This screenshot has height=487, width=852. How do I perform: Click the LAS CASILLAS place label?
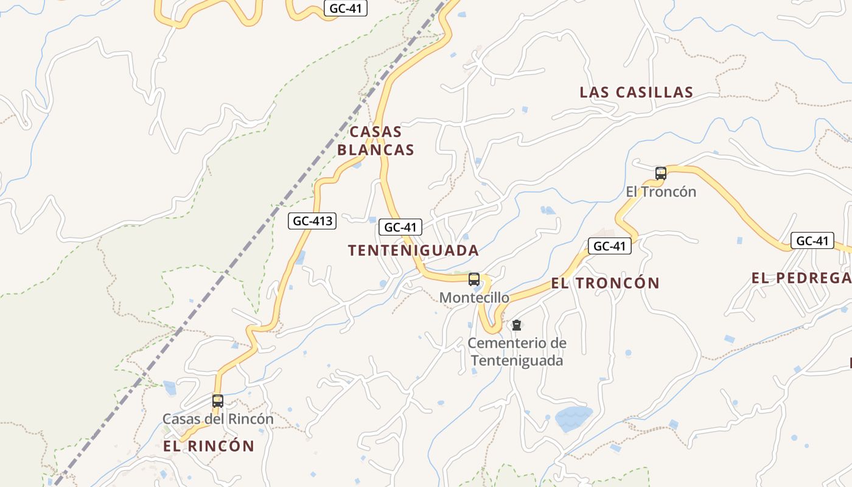pyautogui.click(x=636, y=93)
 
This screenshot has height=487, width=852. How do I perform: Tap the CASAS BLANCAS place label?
pyautogui.click(x=375, y=141)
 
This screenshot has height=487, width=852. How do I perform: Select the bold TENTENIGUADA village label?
pyautogui.click(x=413, y=250)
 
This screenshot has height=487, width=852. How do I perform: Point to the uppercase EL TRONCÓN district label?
pyautogui.click(x=605, y=283)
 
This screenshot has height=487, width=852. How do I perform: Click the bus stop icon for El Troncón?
pyautogui.click(x=661, y=173)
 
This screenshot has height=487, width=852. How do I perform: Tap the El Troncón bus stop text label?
pyautogui.click(x=661, y=192)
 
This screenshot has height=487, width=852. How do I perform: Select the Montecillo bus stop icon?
pyautogui.click(x=474, y=279)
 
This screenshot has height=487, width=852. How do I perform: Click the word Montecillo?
pyautogui.click(x=474, y=298)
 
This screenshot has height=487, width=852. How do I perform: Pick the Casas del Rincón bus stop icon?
pyautogui.click(x=218, y=401)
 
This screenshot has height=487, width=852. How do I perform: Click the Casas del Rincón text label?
pyautogui.click(x=218, y=419)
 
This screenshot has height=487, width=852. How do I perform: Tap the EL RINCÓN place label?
pyautogui.click(x=209, y=446)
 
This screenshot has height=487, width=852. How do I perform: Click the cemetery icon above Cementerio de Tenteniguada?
pyautogui.click(x=517, y=325)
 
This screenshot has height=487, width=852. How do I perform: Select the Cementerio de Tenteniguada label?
pyautogui.click(x=517, y=352)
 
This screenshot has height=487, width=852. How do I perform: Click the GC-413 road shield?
pyautogui.click(x=312, y=221)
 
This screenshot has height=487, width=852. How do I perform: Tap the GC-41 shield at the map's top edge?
pyautogui.click(x=346, y=9)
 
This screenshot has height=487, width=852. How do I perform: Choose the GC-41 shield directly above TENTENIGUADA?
pyautogui.click(x=400, y=227)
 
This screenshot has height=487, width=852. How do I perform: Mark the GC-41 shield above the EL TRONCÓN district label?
pyautogui.click(x=609, y=246)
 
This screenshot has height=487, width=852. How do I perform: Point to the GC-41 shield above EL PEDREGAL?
pyautogui.click(x=812, y=240)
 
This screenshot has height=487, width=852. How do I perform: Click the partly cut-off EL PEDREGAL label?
pyautogui.click(x=801, y=278)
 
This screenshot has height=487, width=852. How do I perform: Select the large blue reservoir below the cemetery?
pyautogui.click(x=573, y=419)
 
